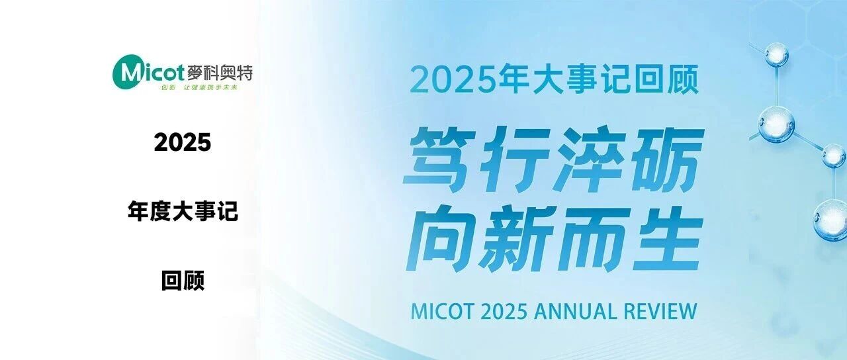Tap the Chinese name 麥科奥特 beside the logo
pyautogui.click(x=220, y=72)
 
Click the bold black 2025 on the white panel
pyautogui.click(x=182, y=142)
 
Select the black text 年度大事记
pyautogui.click(x=183, y=211)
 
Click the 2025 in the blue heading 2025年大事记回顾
pyautogui.click(x=453, y=80)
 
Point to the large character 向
pyautogui.click(x=441, y=238)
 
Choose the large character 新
pyautogui.click(x=515, y=238)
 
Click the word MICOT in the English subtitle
pyautogui.click(x=441, y=312)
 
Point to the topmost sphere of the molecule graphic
pyautogui.click(x=777, y=54)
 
